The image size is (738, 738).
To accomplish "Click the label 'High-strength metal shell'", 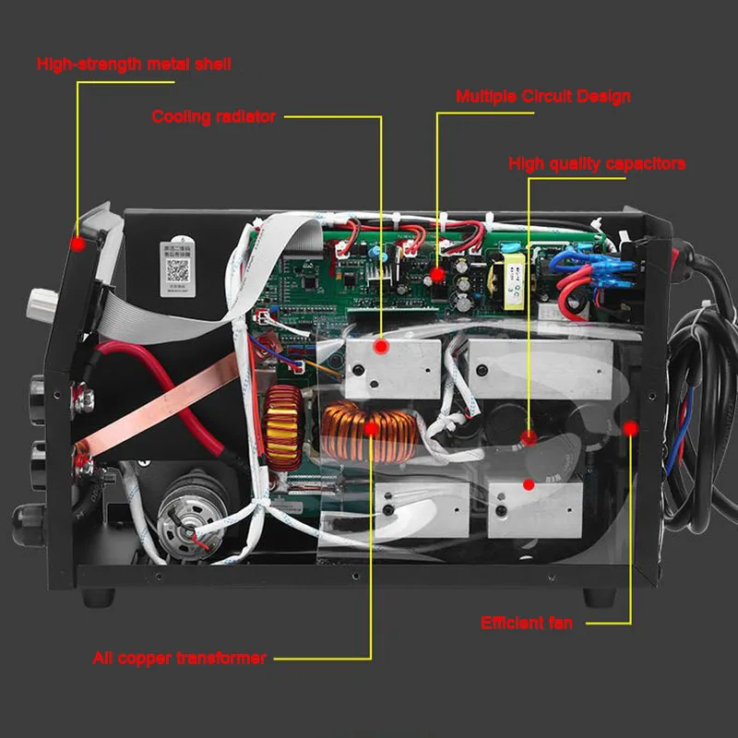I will click(134, 65).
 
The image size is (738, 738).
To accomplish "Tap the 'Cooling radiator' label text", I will click(213, 116).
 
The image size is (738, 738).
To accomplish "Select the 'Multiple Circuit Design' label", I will click(543, 96).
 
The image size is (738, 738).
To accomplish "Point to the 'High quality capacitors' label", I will click(597, 164).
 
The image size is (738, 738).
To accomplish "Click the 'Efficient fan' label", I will click(526, 623).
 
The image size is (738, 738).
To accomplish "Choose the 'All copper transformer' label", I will click(179, 658).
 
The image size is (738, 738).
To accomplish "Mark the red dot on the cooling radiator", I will click(379, 346).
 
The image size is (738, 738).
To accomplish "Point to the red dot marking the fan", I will click(632, 428).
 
